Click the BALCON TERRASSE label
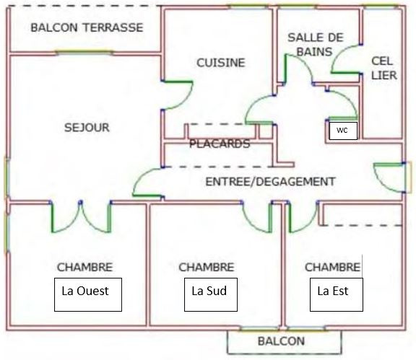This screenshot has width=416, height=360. (x=87, y=27)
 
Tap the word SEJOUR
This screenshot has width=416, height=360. (x=87, y=128)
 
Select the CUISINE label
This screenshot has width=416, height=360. (x=221, y=63)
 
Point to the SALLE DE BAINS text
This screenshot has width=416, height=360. (x=316, y=44)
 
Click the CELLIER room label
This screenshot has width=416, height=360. (x=384, y=68)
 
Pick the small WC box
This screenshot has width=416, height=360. (x=343, y=131)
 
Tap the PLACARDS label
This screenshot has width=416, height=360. (x=220, y=144)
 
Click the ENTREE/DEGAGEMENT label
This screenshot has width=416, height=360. (x=271, y=182)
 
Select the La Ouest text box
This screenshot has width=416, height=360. (x=88, y=294)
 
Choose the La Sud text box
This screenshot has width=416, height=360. (x=211, y=294)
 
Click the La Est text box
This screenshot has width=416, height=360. (x=337, y=294)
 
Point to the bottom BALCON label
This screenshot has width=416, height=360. (x=281, y=341)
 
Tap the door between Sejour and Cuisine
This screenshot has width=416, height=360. (x=177, y=95)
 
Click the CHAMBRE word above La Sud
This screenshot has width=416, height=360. (x=207, y=267)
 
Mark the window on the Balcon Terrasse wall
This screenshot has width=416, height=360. (x=84, y=52)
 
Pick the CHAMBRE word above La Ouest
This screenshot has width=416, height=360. (x=85, y=267)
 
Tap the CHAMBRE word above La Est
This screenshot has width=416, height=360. (x=332, y=267)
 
